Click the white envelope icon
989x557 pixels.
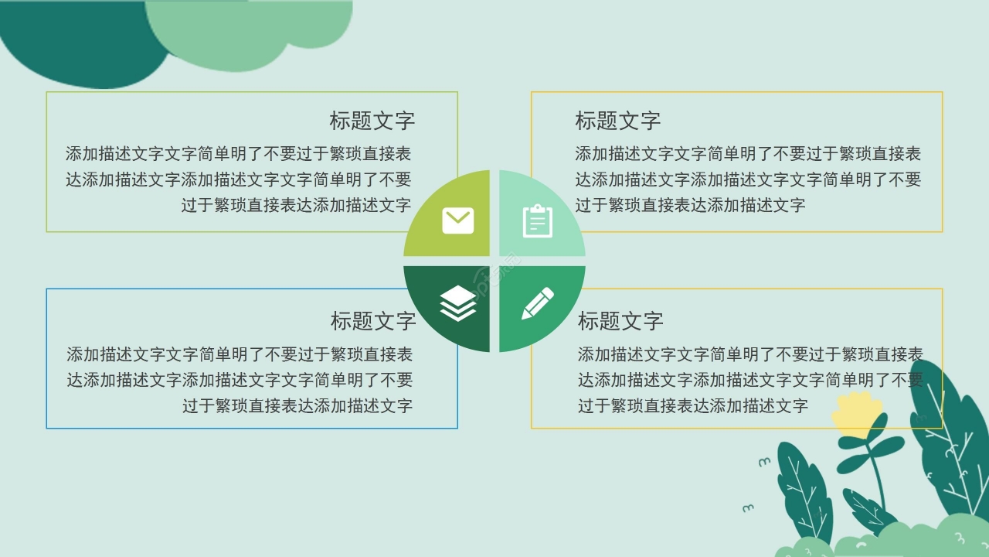458,220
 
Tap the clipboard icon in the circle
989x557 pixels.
538,220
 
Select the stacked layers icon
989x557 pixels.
458,302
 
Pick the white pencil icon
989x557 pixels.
538,302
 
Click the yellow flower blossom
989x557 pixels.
857,414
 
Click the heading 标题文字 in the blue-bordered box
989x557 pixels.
373,321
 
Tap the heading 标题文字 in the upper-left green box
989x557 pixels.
372,121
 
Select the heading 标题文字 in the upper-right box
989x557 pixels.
618,121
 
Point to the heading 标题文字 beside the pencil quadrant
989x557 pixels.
620,321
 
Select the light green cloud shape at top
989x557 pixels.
247,31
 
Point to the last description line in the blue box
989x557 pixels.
297,405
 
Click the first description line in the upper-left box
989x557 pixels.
238,154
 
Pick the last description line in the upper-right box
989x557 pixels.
690,205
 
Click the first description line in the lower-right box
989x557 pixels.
750,354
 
